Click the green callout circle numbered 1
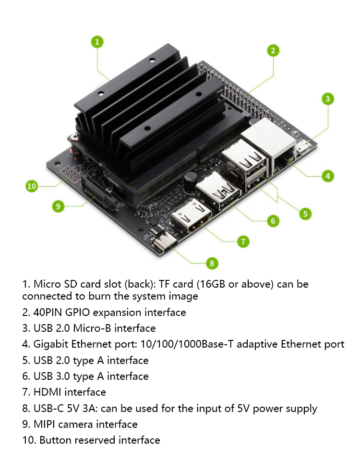(x=97, y=42)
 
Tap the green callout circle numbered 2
(x=273, y=50)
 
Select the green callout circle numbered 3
(x=328, y=99)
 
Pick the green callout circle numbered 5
(x=305, y=214)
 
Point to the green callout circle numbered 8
(x=212, y=264)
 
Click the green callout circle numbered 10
(x=32, y=186)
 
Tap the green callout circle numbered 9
(x=58, y=206)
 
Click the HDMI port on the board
(x=191, y=216)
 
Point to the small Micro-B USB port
(x=305, y=147)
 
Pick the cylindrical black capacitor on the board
(x=190, y=183)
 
